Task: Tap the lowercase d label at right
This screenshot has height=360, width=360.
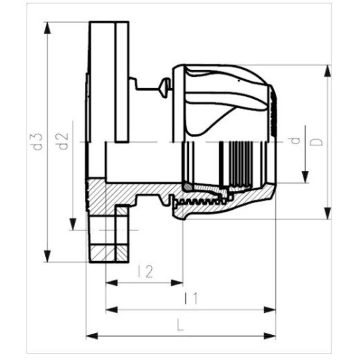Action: pos(295,140)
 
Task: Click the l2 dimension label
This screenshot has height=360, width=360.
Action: pos(146,272)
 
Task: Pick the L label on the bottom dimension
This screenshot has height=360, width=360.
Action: pos(179,325)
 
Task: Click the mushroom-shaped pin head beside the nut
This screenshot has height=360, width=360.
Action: pos(165,87)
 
